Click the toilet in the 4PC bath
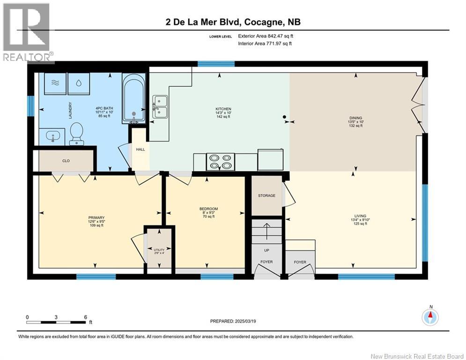pos(76,134)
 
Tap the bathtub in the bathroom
pos(134,98)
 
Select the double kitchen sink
pos(160,107)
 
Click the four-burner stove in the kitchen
pos(220,162)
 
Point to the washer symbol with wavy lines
pos(55,83)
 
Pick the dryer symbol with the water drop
pos(79,83)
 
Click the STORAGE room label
pos(266,195)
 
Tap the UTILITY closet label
pos(159,250)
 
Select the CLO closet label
pos(66,161)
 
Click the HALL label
pos(141,150)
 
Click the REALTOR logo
pos(27,32)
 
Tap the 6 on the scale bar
pos(86,317)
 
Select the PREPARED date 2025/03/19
pos(233,321)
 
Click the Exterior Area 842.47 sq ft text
pos(266,36)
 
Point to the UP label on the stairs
pos(266,250)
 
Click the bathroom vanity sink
pos(52,137)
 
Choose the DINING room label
pos(356,118)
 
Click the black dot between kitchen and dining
pos(284,117)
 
